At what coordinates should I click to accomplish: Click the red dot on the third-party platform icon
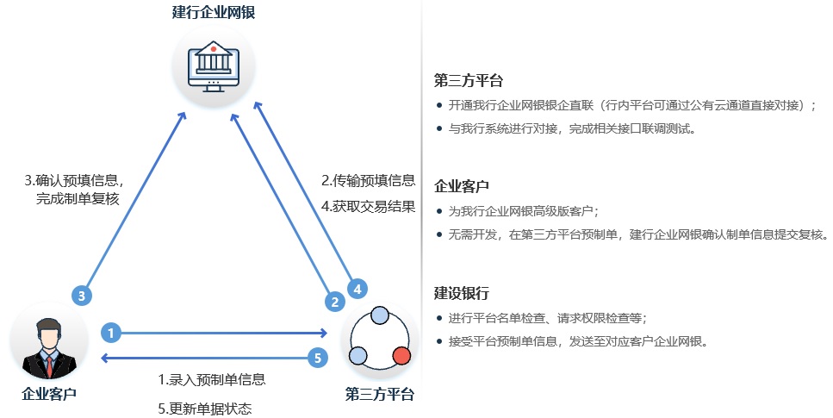pyautogui.click(x=401, y=355)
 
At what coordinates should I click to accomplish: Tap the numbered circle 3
pyautogui.click(x=81, y=296)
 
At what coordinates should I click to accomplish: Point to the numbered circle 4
pyautogui.click(x=357, y=288)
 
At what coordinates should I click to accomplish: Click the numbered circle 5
pyautogui.click(x=318, y=357)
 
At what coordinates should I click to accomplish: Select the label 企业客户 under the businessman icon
pyautogui.click(x=49, y=395)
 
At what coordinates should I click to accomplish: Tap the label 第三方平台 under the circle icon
pyautogui.click(x=380, y=395)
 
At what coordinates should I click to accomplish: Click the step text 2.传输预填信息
pyautogui.click(x=369, y=181)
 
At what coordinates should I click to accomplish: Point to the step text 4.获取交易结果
pyautogui.click(x=369, y=206)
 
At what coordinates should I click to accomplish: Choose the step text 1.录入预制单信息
pyautogui.click(x=211, y=379)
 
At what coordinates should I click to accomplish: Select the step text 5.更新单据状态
pyautogui.click(x=205, y=408)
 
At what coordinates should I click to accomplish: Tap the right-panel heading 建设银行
pyautogui.click(x=462, y=293)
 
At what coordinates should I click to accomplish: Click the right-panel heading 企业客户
pyautogui.click(x=462, y=186)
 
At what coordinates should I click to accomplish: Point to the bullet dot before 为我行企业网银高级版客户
pyautogui.click(x=440, y=211)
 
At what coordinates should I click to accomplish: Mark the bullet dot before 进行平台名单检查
pyautogui.click(x=440, y=318)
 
